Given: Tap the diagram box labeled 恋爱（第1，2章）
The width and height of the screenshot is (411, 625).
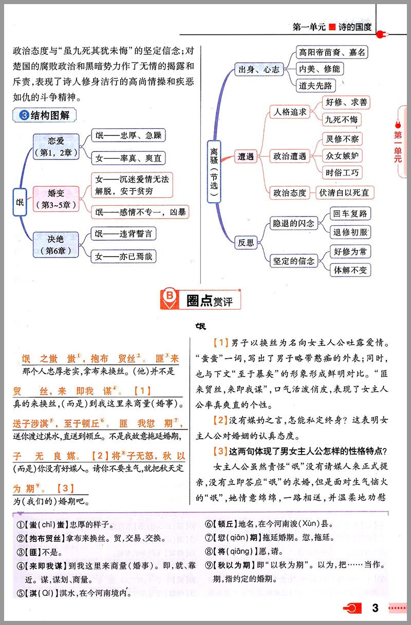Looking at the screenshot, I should pos(55,146).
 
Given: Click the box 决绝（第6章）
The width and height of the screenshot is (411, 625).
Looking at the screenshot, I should pos(55,245).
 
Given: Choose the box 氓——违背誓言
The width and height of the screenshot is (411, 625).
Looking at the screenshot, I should pos(124,234).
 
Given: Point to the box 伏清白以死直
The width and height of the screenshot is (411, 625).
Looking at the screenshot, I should pos(344,193).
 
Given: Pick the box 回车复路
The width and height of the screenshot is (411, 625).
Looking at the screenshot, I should pos(350,213).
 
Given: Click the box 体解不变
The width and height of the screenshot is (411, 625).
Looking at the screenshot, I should pos(352,269).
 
